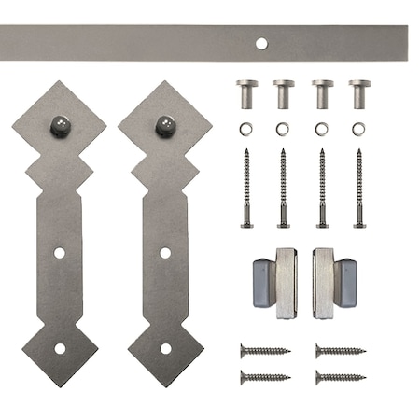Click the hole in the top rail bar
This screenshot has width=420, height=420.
pos(260,43)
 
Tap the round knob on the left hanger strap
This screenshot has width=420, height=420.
pos(60,123)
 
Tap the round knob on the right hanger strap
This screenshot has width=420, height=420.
pos(165,123)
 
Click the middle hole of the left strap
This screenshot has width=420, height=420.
pos(59,253)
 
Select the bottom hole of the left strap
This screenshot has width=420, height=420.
pos(60,348)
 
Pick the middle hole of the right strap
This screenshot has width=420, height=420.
pos(165,253)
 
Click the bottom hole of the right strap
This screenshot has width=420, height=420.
pos(165,348)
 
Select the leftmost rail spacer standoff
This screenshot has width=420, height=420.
pos(247,93)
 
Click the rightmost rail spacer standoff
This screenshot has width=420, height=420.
pos(359,93)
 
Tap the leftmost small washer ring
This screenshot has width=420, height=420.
pos(247,128)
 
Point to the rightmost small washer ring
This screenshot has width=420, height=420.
pos(359,128)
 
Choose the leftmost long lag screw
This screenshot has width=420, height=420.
pos(247,188)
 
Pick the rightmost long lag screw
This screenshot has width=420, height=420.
pos(359,188)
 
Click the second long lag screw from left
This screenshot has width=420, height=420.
pos(284,188)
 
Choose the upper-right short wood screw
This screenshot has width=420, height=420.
pos(340,351)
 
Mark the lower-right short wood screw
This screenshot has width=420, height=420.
pos(340,377)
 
